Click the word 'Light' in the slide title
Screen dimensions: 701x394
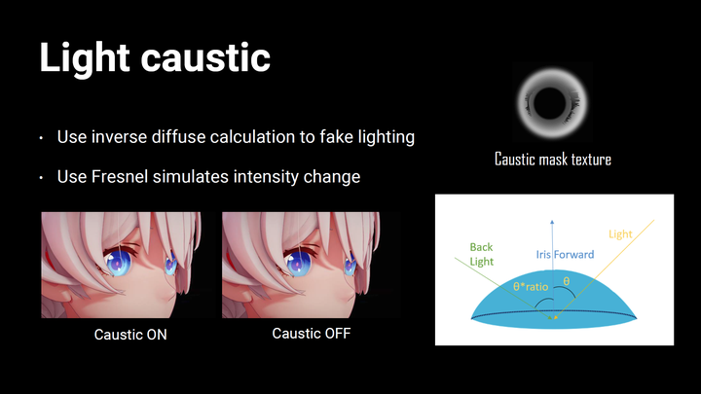pos(85,58)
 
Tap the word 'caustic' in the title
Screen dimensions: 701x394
pos(205,58)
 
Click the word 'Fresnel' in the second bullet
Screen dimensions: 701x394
pos(120,176)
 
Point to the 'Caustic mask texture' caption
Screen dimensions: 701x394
pos(553,159)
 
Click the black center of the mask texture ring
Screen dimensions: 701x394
pos(549,103)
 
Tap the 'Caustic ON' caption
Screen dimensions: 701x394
pos(130,335)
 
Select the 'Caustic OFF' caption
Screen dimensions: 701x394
pos(312,334)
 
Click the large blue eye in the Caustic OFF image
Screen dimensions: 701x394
pos(297,263)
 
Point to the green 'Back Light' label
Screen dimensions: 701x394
pos(482,254)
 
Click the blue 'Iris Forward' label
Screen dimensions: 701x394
pos(565,255)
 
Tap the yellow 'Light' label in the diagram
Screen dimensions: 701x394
pos(620,234)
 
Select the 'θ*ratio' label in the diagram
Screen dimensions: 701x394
pos(531,286)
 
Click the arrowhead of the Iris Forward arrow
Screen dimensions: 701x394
pos(552,222)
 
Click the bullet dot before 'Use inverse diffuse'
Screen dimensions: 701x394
pos(41,138)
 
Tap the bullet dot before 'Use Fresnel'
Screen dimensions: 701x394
pos(41,178)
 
